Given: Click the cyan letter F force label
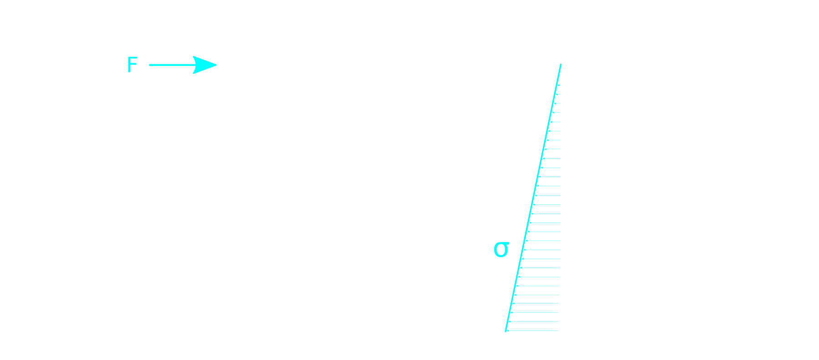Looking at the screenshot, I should [132, 65].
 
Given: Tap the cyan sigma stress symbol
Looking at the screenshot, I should [501, 249].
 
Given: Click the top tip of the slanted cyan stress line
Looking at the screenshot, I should [561, 65].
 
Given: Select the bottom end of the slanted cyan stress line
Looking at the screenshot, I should [506, 330].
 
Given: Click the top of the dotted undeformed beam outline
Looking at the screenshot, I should [563, 67].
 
